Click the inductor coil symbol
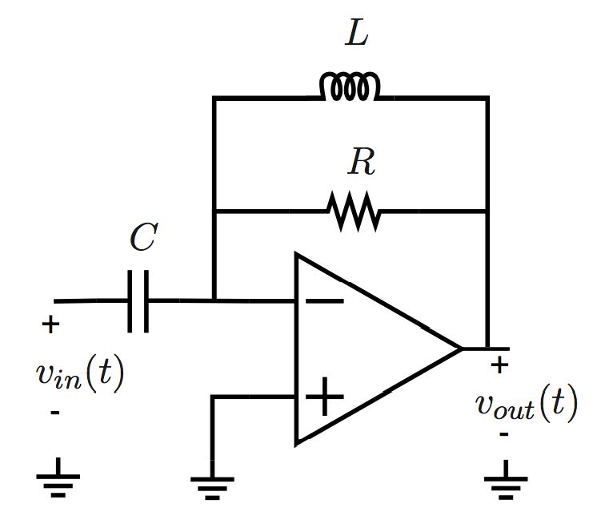click(349, 87)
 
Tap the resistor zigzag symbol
click(352, 212)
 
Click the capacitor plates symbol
click(138, 301)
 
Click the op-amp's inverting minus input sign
click(325, 302)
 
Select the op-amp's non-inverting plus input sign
click(325, 397)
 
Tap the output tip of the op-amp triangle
click(461, 349)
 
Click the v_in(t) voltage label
click(80, 375)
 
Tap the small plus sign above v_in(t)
click(50, 325)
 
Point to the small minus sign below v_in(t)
click(54, 413)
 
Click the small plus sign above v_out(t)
click(500, 366)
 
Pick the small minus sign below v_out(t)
click(504, 434)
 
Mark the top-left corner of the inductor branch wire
click(214, 99)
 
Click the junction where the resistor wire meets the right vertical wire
click(487, 212)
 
